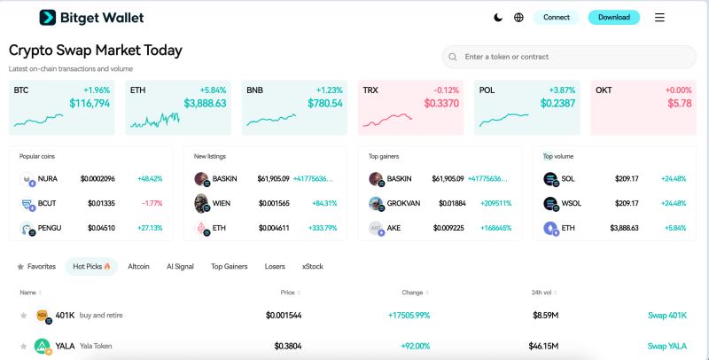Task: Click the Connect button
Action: pyautogui.click(x=557, y=17)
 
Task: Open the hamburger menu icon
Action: pyautogui.click(x=659, y=17)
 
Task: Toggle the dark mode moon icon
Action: pyautogui.click(x=499, y=17)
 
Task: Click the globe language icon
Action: pyautogui.click(x=518, y=17)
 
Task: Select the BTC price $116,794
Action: pyautogui.click(x=90, y=104)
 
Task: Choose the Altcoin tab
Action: pyautogui.click(x=138, y=266)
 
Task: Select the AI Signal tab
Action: pyautogui.click(x=180, y=266)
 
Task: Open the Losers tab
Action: pyautogui.click(x=275, y=266)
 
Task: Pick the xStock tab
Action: pyautogui.click(x=312, y=266)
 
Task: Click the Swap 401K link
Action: pyautogui.click(x=666, y=315)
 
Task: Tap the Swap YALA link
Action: pyautogui.click(x=666, y=346)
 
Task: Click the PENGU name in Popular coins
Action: pyautogui.click(x=50, y=228)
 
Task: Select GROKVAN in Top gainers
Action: pyautogui.click(x=404, y=203)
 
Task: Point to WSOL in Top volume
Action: pyautogui.click(x=573, y=203)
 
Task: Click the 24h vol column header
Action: pyautogui.click(x=541, y=293)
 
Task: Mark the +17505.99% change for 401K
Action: pyautogui.click(x=409, y=315)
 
